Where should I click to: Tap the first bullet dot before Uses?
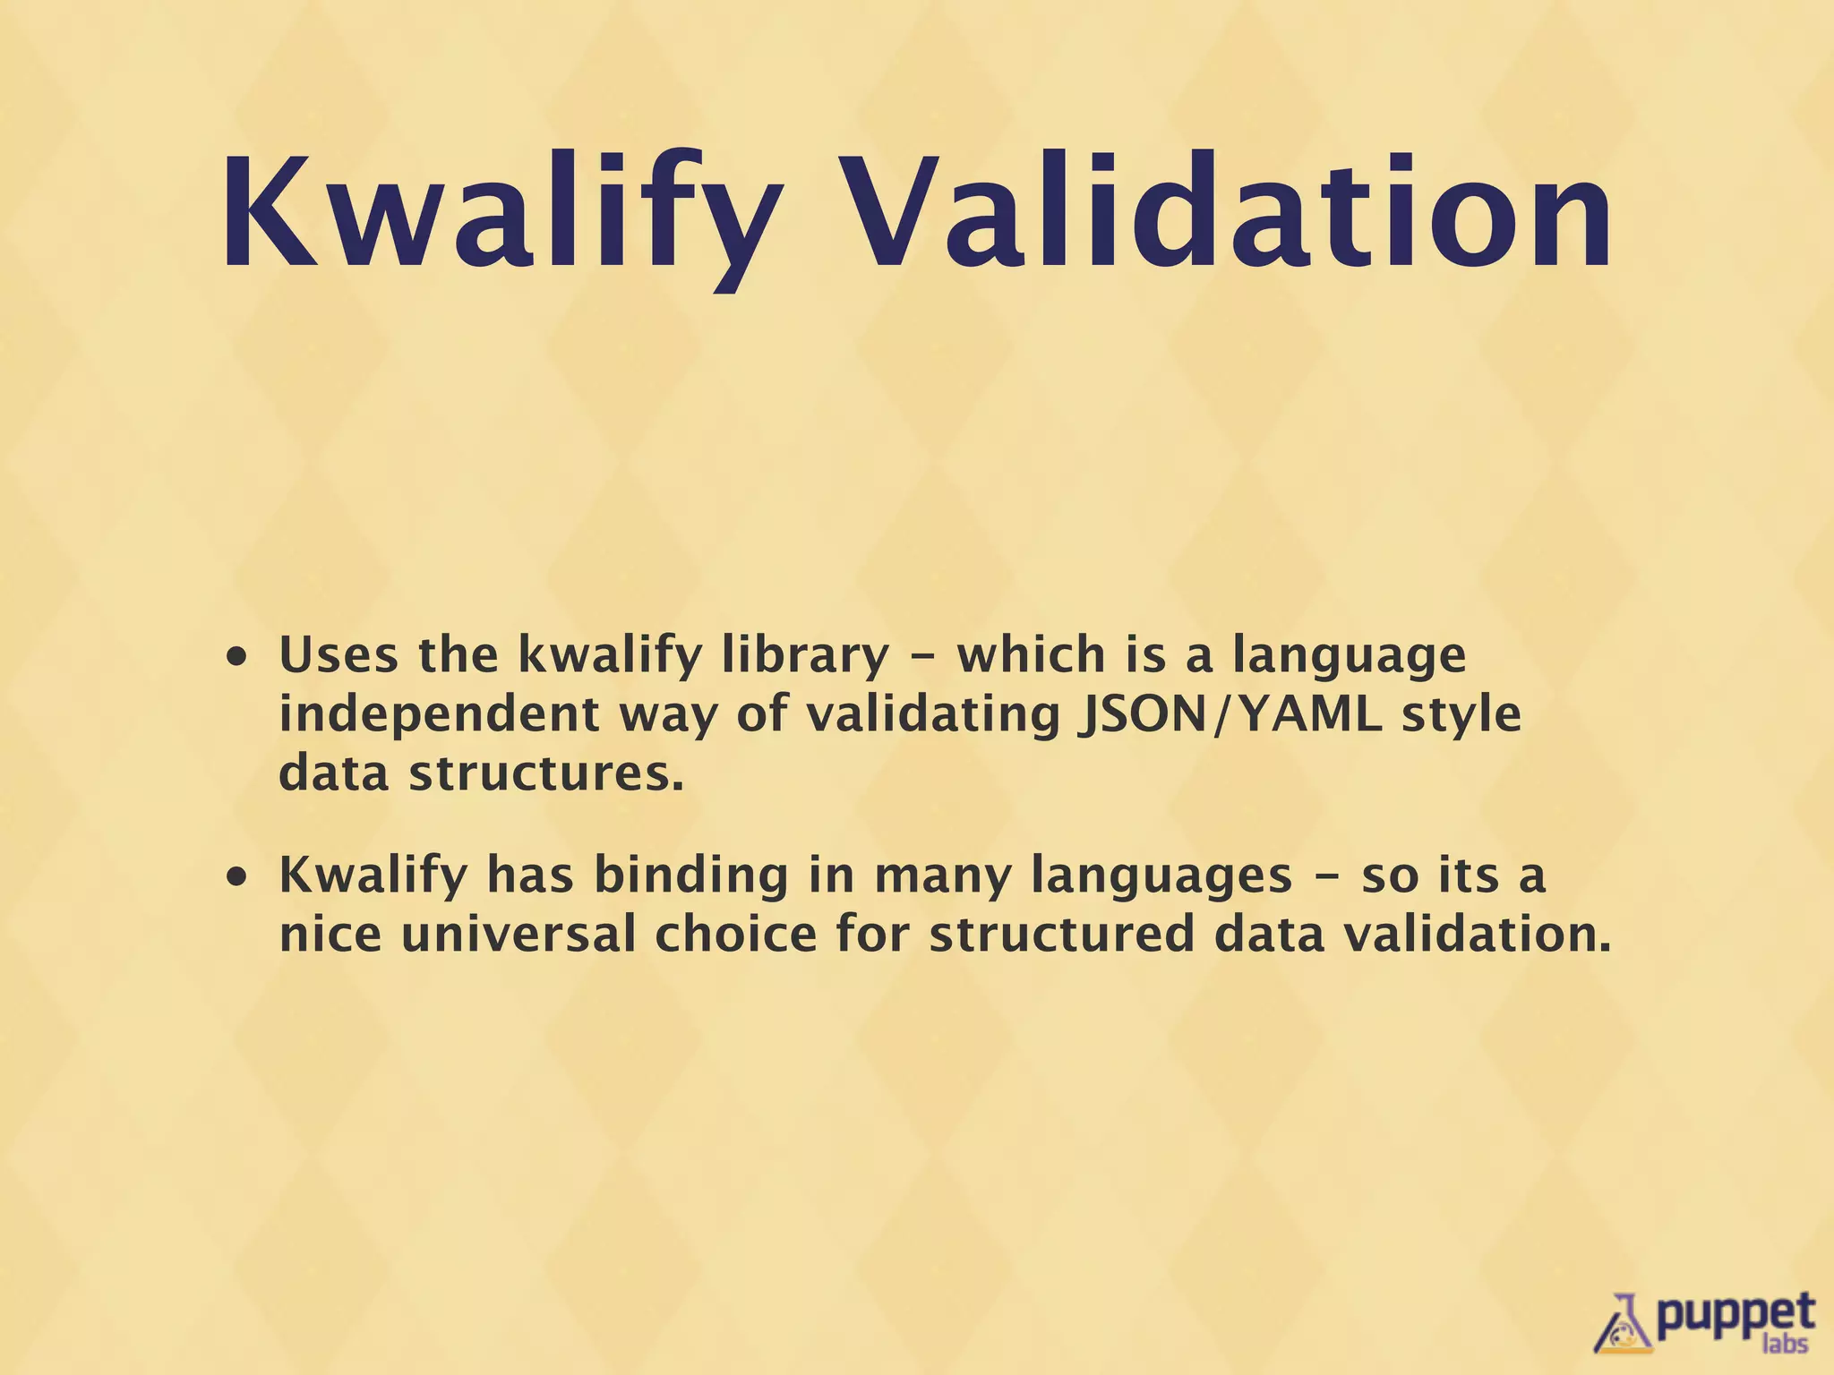coord(237,658)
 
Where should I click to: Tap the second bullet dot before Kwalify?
coord(237,878)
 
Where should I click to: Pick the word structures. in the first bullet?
coord(546,773)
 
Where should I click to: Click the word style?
coord(1461,714)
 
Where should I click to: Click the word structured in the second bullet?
coord(1061,934)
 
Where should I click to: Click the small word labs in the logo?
coord(1784,1345)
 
